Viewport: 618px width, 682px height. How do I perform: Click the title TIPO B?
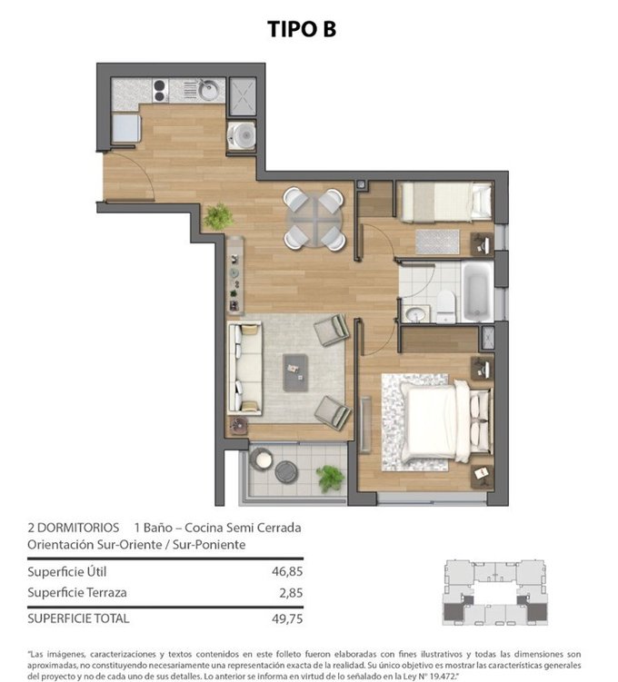(x=302, y=29)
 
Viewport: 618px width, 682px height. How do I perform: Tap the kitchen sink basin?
(x=209, y=91)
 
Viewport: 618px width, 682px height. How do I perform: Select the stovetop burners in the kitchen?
(x=160, y=91)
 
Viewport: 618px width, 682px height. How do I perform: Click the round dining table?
(x=314, y=219)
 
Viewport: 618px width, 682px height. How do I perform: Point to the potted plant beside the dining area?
(x=217, y=216)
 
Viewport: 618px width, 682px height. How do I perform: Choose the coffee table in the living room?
(x=295, y=372)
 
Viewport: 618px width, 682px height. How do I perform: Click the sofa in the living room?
(x=244, y=369)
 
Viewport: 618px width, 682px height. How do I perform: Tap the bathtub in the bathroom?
(x=478, y=292)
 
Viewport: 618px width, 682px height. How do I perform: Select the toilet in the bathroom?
(x=445, y=307)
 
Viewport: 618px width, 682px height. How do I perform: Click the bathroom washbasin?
(x=415, y=313)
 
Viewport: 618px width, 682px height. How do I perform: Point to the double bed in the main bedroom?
(x=445, y=421)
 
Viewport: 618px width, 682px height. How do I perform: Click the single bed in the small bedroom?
(x=445, y=202)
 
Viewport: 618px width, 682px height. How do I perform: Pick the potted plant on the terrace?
(x=330, y=478)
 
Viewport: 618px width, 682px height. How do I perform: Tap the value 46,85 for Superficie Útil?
(x=287, y=571)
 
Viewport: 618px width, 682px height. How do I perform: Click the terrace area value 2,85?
(x=291, y=593)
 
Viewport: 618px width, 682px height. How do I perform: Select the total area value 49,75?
(x=287, y=618)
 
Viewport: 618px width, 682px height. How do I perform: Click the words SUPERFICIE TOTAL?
(x=78, y=618)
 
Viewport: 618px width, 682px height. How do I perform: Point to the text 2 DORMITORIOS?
(x=73, y=528)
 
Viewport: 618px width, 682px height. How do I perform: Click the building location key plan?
(x=494, y=593)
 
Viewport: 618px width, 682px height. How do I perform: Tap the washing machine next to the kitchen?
(x=242, y=135)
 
